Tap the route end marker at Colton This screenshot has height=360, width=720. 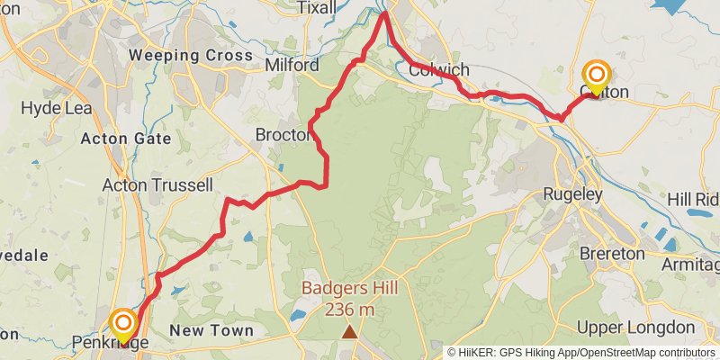click(x=597, y=76)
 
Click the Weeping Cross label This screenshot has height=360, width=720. click(x=191, y=56)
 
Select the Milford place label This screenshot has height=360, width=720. click(x=292, y=66)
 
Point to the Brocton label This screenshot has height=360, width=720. click(x=283, y=135)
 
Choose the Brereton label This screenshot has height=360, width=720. click(x=612, y=254)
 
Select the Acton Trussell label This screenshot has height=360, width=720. click(x=157, y=185)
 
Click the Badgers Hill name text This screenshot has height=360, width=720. click(x=349, y=289)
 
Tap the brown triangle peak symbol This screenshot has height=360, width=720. click(x=349, y=332)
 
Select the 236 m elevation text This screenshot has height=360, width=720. click(x=349, y=310)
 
